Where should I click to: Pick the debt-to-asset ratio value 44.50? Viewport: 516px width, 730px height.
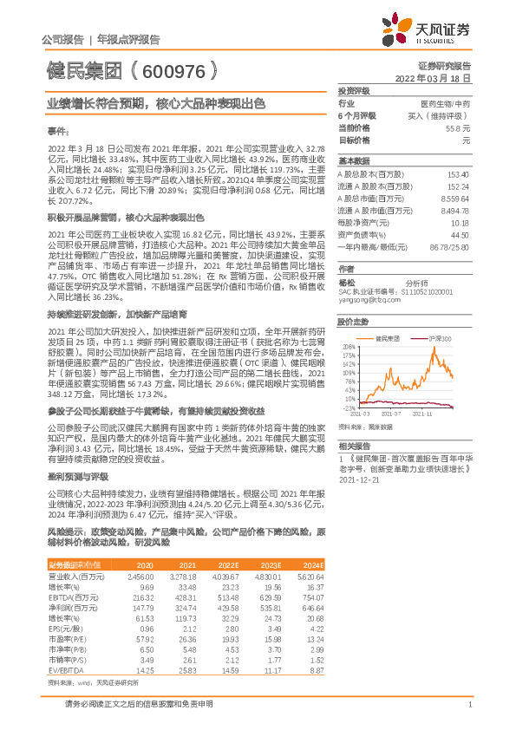point(460,235)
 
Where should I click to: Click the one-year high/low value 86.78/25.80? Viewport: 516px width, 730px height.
point(450,247)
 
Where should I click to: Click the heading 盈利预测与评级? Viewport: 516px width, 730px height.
point(77,477)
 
